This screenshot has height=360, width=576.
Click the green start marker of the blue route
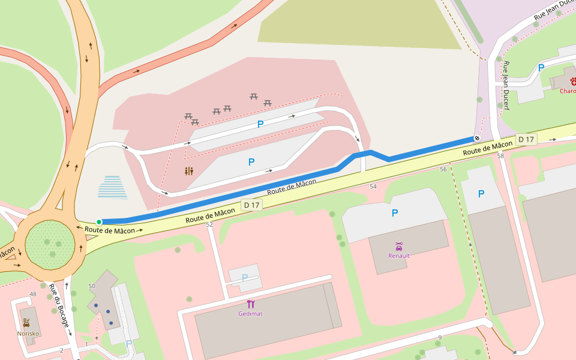pyautogui.click(x=99, y=222)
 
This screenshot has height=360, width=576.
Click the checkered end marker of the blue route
pyautogui.click(x=477, y=138)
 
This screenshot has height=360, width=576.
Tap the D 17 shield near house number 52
pyautogui.click(x=252, y=205)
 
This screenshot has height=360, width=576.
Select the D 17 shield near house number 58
pyautogui.click(x=526, y=140)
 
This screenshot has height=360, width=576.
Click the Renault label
pyautogui.click(x=399, y=256)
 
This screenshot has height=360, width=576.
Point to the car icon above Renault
pyautogui.click(x=399, y=246)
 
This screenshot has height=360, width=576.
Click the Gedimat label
pyautogui.click(x=250, y=313)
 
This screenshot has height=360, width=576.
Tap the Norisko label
pyautogui.click(x=28, y=333)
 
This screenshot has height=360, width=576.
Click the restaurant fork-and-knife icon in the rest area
pyautogui.click(x=189, y=171)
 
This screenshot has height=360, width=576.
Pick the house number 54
pyautogui.click(x=373, y=187)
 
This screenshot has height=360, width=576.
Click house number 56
pyautogui.click(x=443, y=169)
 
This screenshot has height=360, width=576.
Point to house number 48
pyautogui.click(x=33, y=294)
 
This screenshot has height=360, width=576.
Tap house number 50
pyautogui.click(x=91, y=286)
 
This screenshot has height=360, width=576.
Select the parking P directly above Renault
pyautogui.click(x=395, y=213)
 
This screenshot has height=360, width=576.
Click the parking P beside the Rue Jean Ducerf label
pyautogui.click(x=541, y=68)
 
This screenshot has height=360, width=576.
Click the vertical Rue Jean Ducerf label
pyautogui.click(x=506, y=85)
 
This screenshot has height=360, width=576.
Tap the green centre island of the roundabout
pyautogui.click(x=50, y=245)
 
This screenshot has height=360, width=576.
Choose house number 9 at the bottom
pyautogui.click(x=440, y=338)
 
